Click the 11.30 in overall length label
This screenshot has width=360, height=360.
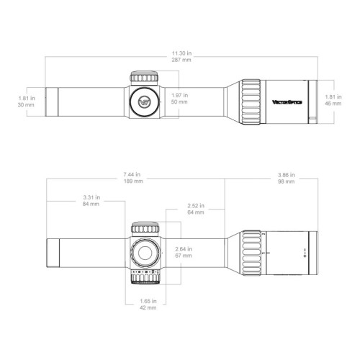pyautogui.click(x=181, y=53)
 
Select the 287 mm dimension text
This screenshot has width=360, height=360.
pyautogui.click(x=181, y=60)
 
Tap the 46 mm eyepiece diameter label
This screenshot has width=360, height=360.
pyautogui.click(x=333, y=104)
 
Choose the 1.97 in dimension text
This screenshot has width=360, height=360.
pyautogui.click(x=179, y=95)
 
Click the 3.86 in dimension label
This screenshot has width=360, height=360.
pyautogui.click(x=285, y=174)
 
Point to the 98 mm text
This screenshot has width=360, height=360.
pyautogui.click(x=285, y=181)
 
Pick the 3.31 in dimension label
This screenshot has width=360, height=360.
pyautogui.click(x=90, y=197)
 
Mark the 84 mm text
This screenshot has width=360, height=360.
pyautogui.click(x=90, y=204)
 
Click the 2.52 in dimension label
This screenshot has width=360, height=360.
pyautogui.click(x=194, y=206)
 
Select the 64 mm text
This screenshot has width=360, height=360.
pyautogui.click(x=194, y=213)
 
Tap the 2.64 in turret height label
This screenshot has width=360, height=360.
pyautogui.click(x=183, y=248)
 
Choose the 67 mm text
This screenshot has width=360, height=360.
pyautogui.click(x=183, y=256)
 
